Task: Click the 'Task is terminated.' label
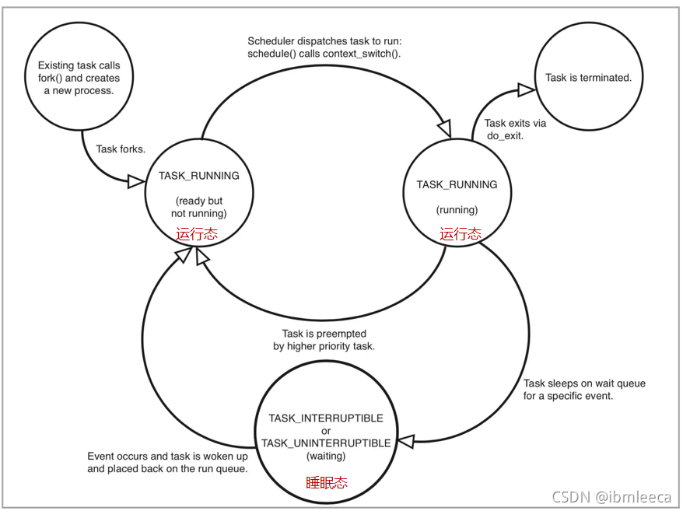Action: (x=588, y=78)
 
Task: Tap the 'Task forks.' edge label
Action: (x=121, y=149)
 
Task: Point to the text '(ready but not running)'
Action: (x=199, y=207)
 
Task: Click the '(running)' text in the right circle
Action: (x=457, y=210)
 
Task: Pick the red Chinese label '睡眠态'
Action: (x=326, y=482)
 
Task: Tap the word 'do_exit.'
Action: (x=507, y=135)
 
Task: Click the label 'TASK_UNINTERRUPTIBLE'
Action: (x=326, y=443)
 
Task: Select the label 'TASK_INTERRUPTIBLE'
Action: (x=326, y=418)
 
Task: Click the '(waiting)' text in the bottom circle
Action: (x=326, y=456)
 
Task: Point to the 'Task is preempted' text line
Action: (x=324, y=334)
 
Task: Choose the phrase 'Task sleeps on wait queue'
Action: (x=584, y=383)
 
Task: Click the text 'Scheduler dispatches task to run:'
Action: (x=324, y=40)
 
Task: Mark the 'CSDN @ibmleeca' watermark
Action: (x=611, y=496)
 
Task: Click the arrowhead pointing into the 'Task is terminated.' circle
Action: (x=527, y=91)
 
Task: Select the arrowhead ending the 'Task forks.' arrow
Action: (x=136, y=181)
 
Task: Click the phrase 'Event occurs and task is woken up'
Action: (x=166, y=457)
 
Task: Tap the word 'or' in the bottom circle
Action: (x=326, y=431)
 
